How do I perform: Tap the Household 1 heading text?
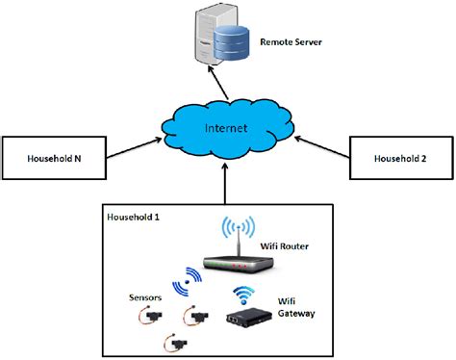click(136, 219)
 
